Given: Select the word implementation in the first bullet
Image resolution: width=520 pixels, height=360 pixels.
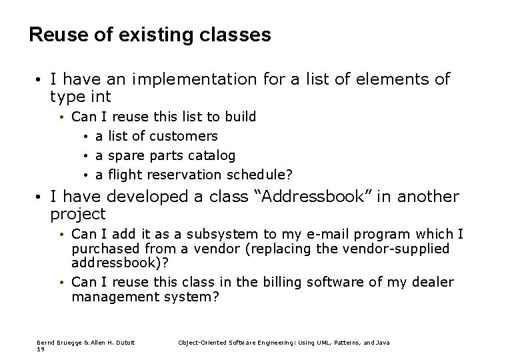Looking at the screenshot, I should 194,80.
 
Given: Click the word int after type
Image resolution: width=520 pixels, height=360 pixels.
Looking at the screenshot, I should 99,97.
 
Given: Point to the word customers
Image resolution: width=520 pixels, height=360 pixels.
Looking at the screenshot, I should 183,136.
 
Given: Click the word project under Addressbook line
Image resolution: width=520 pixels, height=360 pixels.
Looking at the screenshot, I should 78,214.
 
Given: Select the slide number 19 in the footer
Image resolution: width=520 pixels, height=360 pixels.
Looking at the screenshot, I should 41,349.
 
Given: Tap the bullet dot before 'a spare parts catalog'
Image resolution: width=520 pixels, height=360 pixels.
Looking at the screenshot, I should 87,156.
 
